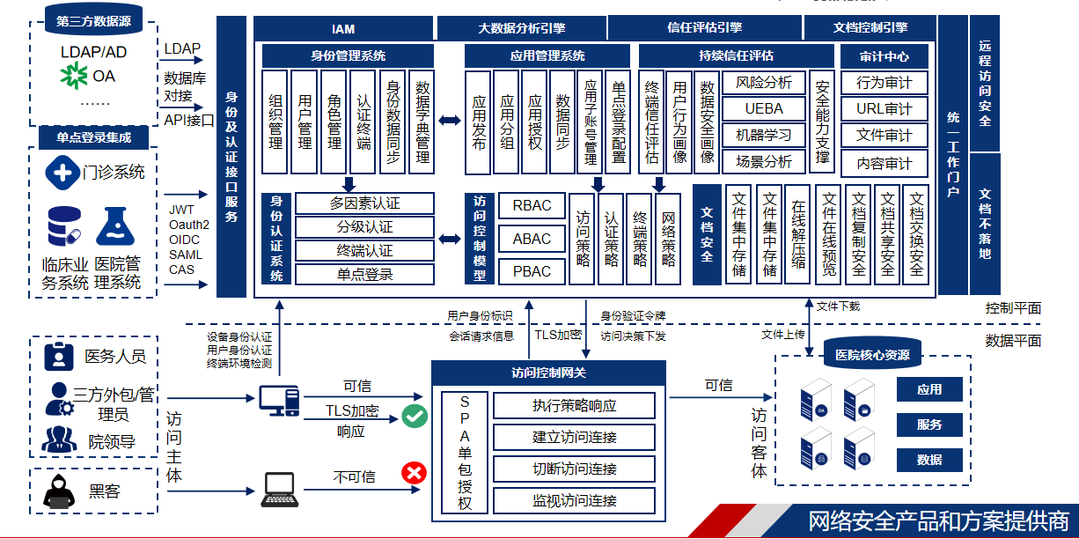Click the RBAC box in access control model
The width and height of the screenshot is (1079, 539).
532,206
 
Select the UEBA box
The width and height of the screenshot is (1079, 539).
763,109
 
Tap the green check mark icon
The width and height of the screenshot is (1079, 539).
415,417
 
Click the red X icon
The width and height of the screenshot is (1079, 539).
413,474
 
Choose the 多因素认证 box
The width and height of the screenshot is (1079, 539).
364,203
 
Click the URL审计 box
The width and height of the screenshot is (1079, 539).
884,109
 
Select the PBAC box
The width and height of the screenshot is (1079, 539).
532,271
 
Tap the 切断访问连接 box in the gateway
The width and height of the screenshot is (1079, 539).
574,469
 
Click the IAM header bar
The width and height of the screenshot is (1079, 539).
343,29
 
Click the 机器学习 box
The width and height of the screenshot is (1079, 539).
763,136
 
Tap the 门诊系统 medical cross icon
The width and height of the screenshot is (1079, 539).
63,172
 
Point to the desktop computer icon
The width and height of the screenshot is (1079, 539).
279,401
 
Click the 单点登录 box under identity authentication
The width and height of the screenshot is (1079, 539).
364,275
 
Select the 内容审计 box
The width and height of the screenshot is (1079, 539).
884,163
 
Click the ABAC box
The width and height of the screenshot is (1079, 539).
532,239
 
